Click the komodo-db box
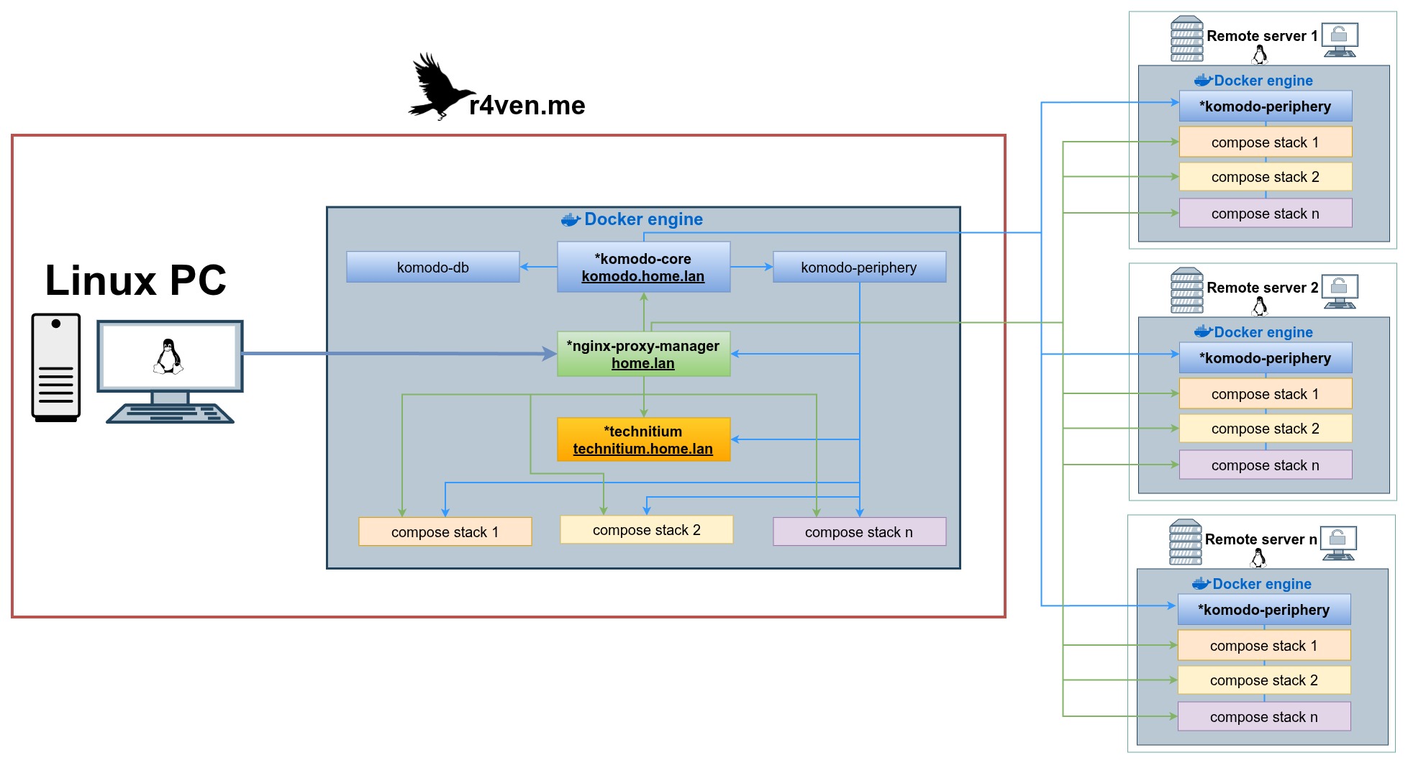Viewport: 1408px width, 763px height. (432, 267)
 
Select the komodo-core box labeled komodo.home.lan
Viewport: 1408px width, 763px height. (643, 267)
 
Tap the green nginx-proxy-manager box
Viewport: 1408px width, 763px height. (643, 354)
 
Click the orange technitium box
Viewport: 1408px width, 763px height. (643, 439)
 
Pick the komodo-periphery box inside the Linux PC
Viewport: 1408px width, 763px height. (859, 267)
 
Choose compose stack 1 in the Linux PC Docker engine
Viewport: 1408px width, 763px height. (445, 532)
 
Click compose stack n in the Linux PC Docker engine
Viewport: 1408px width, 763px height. (859, 532)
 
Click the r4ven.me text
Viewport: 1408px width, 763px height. (527, 106)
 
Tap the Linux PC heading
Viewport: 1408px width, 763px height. (135, 280)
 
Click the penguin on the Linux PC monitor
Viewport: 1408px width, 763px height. (168, 357)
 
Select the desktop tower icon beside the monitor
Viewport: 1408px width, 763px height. (55, 367)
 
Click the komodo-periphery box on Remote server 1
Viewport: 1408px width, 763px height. (1265, 106)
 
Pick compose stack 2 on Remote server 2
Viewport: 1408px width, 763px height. (1265, 429)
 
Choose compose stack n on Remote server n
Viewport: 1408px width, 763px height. (1263, 717)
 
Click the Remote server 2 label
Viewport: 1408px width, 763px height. (1262, 288)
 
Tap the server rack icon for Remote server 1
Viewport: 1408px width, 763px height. (1186, 39)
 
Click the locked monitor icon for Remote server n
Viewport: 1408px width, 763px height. (1337, 543)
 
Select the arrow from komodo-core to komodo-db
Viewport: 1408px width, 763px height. (538, 267)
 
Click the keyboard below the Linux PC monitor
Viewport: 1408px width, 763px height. (170, 414)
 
